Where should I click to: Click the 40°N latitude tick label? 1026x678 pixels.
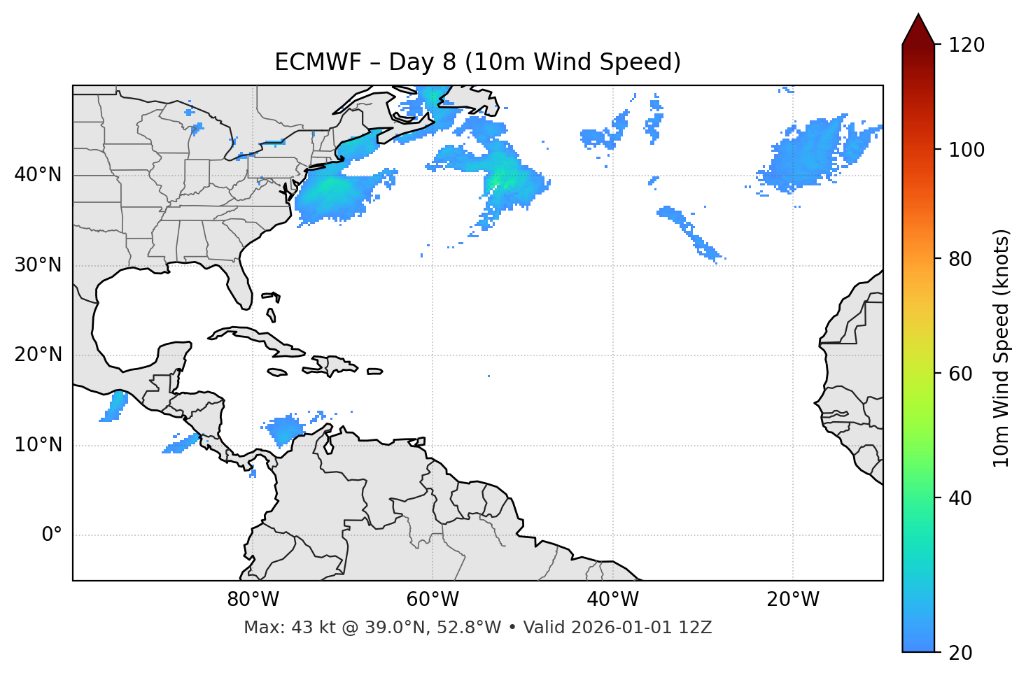(38, 175)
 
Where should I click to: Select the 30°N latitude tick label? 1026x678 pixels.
(38, 265)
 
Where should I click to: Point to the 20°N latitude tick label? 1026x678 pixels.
(38, 355)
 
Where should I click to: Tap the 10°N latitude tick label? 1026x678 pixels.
(38, 445)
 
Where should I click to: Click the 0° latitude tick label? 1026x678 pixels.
(52, 535)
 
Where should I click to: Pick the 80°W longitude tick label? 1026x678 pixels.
(253, 600)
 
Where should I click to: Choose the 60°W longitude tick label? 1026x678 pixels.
(433, 600)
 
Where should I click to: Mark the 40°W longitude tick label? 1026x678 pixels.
(612, 600)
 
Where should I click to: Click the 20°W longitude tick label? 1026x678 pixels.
(793, 600)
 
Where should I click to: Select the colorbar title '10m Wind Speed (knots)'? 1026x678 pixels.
(1002, 348)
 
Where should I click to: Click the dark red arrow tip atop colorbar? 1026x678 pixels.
(918, 28)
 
